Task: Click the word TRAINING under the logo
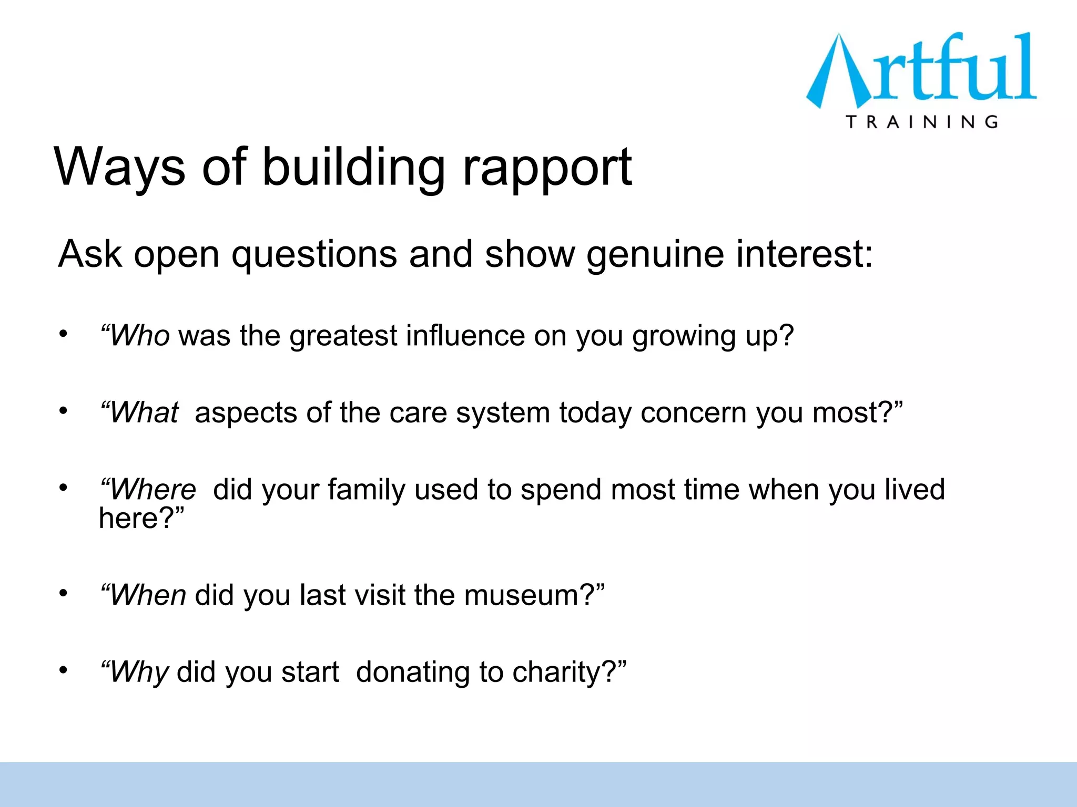coord(922,122)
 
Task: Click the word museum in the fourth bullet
coord(521,595)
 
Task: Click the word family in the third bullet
coord(367,490)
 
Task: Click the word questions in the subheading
coord(314,255)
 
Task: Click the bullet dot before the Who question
coord(64,334)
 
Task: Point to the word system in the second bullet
coord(502,412)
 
